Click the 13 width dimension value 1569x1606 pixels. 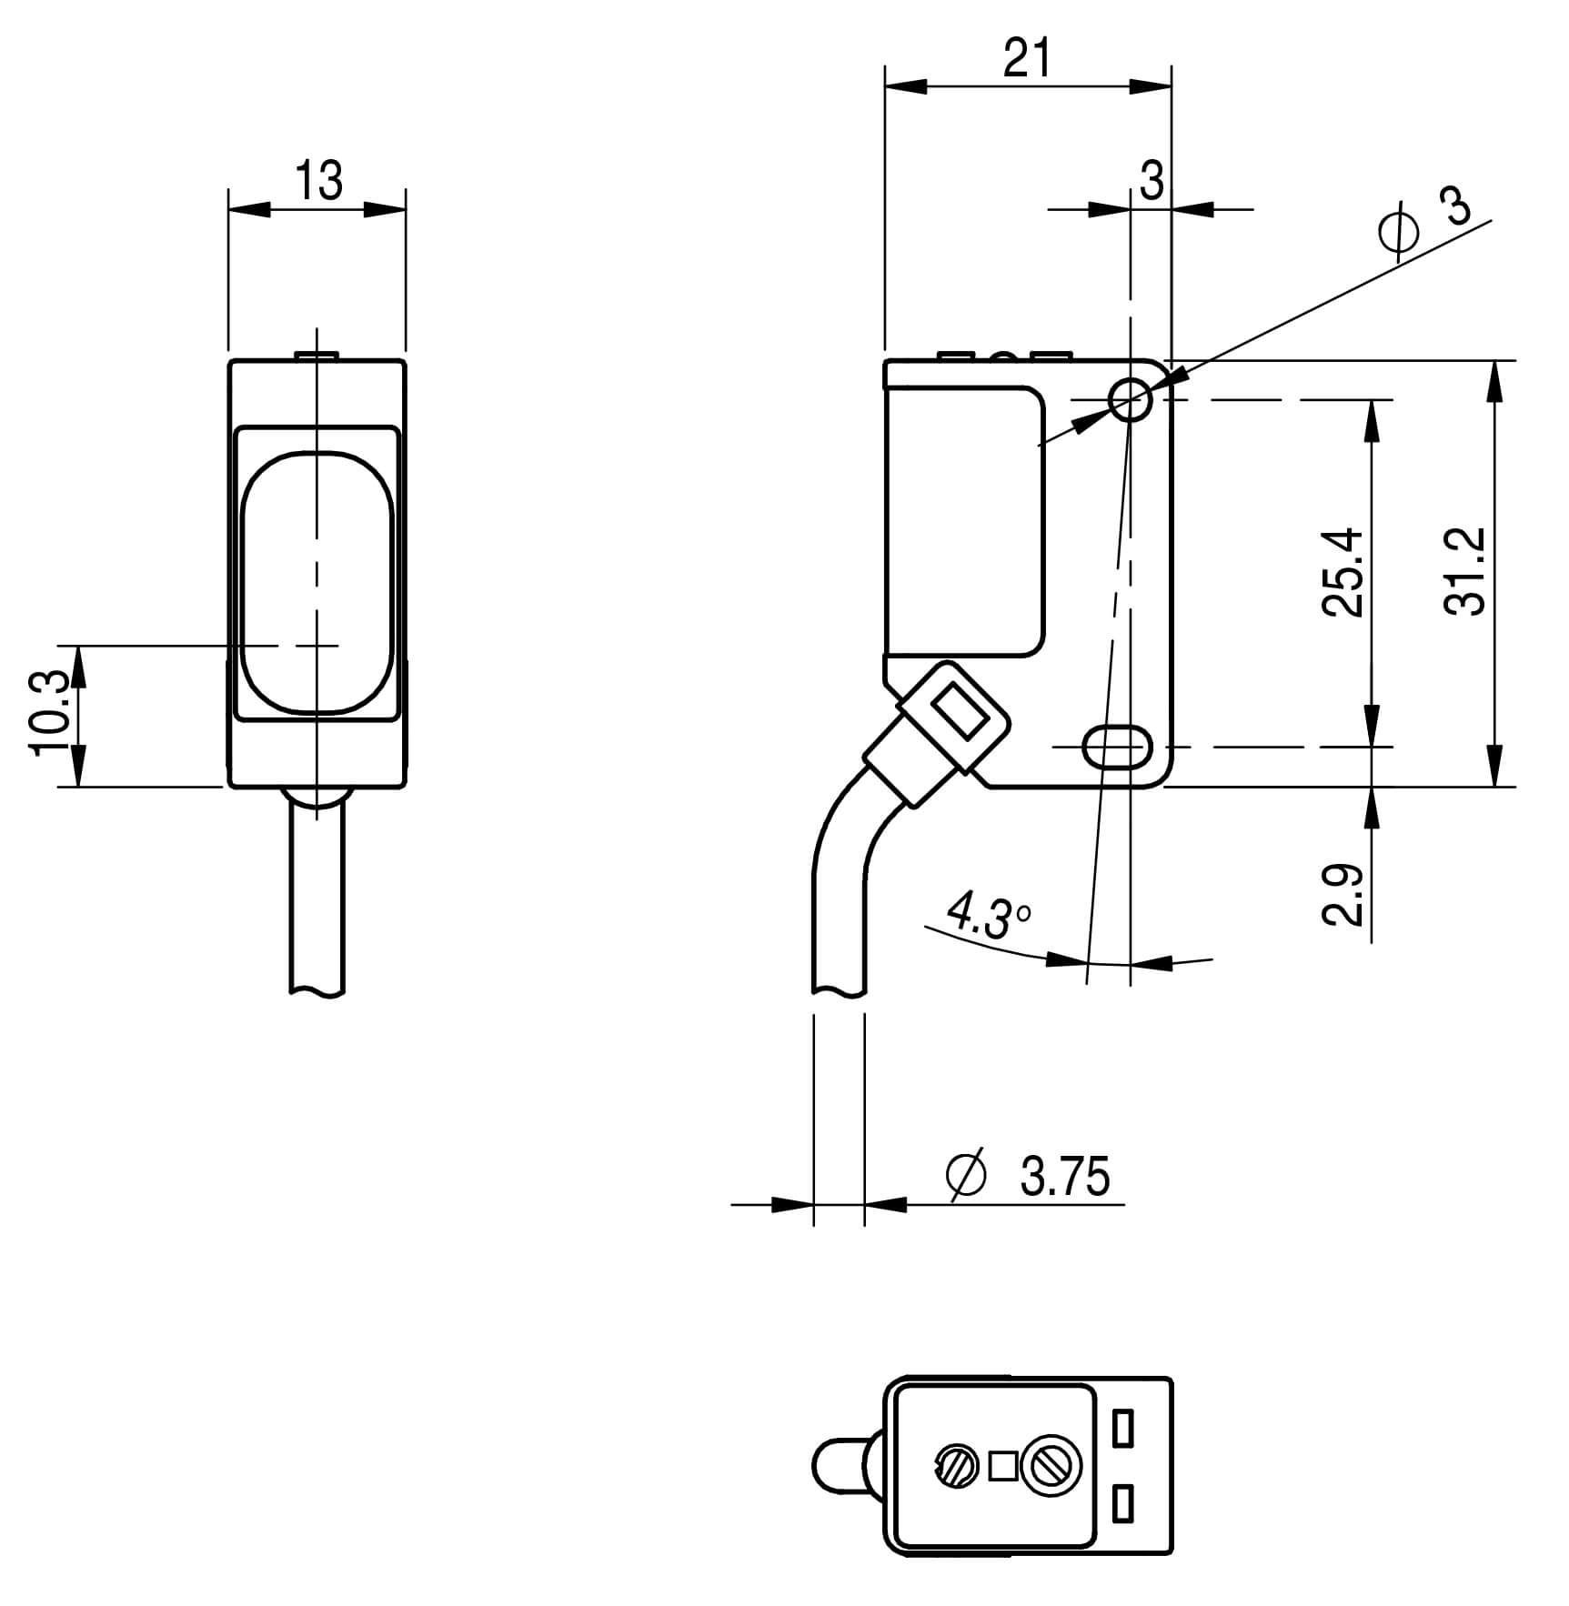tap(319, 181)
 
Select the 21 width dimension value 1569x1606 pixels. tap(1027, 60)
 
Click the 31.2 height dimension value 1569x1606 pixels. tap(1465, 572)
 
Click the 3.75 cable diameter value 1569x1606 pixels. tap(1065, 1177)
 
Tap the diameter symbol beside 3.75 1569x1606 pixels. tap(966, 1176)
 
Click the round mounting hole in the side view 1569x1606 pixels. tap(1131, 398)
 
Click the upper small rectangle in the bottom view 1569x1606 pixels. tap(1123, 1429)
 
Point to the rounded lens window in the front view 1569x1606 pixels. tap(317, 582)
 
